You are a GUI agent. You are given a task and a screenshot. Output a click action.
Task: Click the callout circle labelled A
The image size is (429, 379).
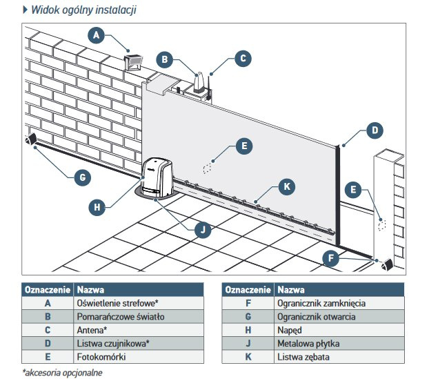(x=97, y=34)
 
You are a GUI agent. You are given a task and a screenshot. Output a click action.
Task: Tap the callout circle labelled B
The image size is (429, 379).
(x=164, y=59)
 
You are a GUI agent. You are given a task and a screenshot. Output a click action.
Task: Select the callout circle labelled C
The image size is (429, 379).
(x=242, y=59)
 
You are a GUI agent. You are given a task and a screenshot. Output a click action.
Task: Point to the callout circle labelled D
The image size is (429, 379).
(x=373, y=129)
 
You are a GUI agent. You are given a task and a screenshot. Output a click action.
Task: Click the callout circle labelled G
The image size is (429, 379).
(x=82, y=177)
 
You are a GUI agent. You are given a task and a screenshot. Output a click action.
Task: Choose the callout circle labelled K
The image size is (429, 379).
(x=288, y=186)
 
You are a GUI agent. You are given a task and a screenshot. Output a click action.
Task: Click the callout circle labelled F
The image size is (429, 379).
(x=332, y=259)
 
